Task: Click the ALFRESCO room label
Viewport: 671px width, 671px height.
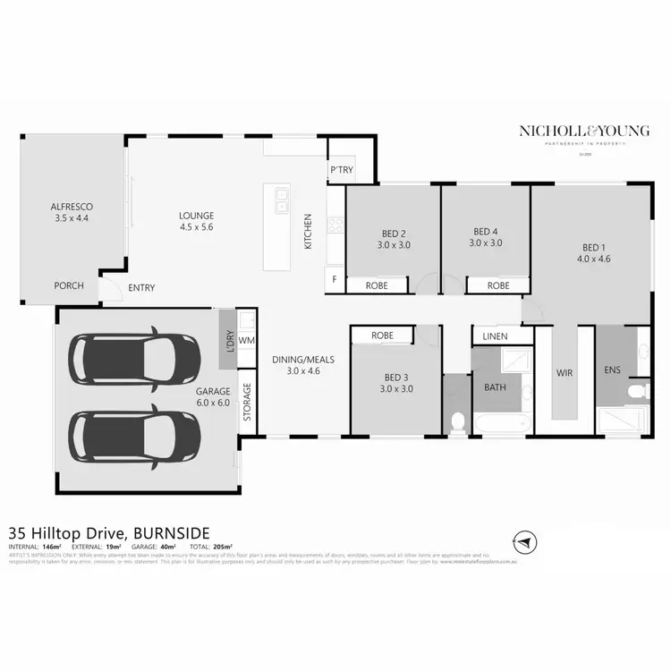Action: click(x=73, y=212)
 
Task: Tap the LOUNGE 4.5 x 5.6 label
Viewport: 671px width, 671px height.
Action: click(x=196, y=221)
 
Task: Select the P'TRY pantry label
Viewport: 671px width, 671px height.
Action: click(x=340, y=170)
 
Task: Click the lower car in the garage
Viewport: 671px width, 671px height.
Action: click(x=135, y=435)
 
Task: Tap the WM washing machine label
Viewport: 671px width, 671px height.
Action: click(x=248, y=341)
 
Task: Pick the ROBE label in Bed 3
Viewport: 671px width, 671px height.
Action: click(x=382, y=335)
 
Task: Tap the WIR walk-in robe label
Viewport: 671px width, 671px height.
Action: click(x=564, y=370)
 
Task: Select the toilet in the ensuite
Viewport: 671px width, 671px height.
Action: click(x=638, y=391)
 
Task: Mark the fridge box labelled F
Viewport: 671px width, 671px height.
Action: click(x=335, y=279)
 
